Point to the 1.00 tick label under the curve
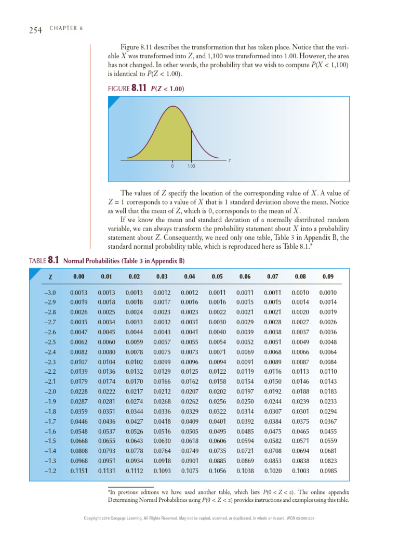[191, 166]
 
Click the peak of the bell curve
[172, 107]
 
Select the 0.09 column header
[328, 276]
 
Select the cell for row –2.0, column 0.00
[77, 391]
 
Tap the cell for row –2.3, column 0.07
[272, 362]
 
